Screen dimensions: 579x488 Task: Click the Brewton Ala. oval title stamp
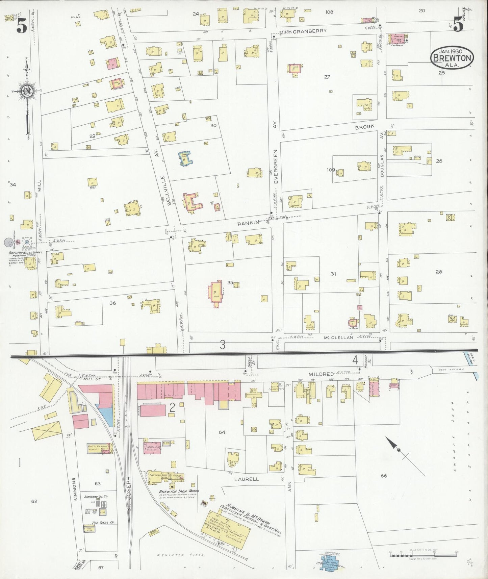coord(452,58)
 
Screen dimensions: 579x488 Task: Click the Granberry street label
coord(309,31)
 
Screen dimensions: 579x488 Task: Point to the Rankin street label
coord(248,222)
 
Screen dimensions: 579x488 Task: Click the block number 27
coord(327,77)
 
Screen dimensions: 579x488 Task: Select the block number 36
coord(112,303)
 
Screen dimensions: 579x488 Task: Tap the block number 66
coord(383,476)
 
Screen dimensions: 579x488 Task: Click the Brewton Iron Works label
coord(179,491)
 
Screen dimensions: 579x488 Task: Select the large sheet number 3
coord(222,345)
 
